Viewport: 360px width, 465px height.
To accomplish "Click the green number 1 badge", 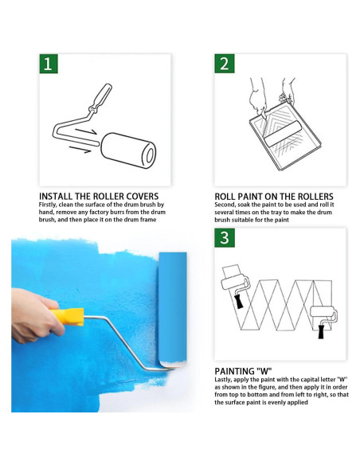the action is (49, 64).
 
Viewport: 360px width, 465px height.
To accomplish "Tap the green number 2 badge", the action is (225, 64).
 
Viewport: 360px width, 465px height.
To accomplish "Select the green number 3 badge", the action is (225, 238).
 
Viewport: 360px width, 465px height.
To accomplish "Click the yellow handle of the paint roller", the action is (68, 317).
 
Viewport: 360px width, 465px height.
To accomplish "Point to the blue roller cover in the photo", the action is (173, 308).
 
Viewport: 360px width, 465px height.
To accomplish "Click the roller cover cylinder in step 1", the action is (128, 150).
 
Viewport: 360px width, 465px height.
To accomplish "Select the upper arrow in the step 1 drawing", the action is (86, 131).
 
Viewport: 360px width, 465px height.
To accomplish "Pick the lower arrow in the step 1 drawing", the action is (80, 150).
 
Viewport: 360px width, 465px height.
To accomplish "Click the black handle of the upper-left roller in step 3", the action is (238, 302).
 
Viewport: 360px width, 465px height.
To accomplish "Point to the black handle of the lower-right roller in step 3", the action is (321, 332).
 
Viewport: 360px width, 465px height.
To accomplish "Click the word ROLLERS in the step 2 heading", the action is (315, 197).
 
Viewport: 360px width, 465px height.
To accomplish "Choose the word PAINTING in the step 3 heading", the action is (234, 371).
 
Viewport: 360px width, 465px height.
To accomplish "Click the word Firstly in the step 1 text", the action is (48, 205).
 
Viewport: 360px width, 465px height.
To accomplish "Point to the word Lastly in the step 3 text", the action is (222, 380).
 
